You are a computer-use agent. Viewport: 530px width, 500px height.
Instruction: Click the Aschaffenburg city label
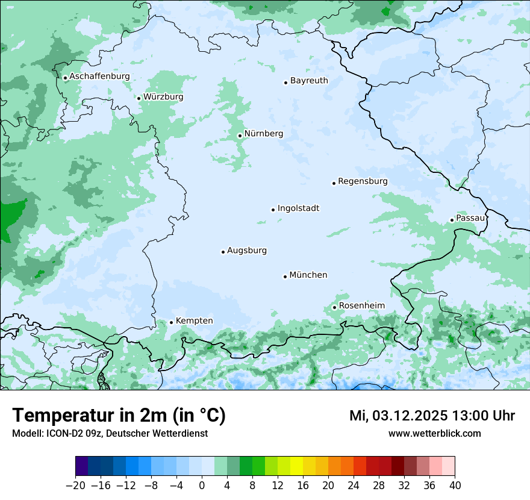click(99, 77)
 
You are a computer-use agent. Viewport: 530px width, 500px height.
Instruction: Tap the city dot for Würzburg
click(139, 98)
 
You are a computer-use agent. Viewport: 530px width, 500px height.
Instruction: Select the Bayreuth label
click(309, 81)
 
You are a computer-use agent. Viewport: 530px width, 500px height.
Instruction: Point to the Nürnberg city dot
click(240, 136)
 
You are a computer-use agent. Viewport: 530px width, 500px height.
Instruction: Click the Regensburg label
click(363, 181)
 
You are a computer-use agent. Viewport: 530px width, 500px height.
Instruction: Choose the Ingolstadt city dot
click(273, 210)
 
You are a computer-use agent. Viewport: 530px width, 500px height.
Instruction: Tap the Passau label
click(470, 218)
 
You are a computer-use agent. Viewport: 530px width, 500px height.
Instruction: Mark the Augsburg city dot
click(223, 252)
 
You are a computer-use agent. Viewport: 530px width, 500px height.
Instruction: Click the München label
click(308, 275)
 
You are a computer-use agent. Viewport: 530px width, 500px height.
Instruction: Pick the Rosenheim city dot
click(334, 307)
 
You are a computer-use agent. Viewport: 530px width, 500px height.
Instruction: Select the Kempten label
click(194, 321)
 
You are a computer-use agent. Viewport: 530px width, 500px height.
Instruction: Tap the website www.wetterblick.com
click(435, 433)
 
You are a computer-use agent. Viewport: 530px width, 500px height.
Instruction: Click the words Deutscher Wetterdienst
click(158, 433)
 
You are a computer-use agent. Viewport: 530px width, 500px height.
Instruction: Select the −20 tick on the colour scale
click(76, 486)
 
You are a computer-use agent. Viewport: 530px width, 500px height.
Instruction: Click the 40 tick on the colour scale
click(455, 486)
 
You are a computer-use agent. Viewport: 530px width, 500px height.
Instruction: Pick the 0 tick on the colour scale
click(202, 486)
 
